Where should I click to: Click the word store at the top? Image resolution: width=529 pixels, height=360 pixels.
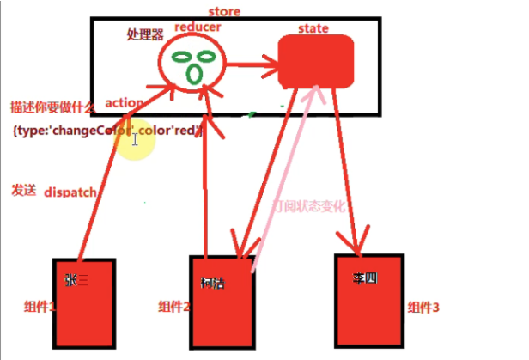click(224, 11)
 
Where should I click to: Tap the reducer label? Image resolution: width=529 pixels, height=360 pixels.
click(198, 27)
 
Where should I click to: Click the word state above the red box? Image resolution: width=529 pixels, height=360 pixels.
click(313, 28)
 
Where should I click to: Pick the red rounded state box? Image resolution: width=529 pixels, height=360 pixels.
click(317, 63)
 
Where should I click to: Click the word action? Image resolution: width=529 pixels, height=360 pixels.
click(124, 102)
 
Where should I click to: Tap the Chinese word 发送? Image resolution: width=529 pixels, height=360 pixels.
click(23, 190)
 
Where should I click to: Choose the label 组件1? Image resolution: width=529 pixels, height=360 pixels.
click(39, 306)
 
